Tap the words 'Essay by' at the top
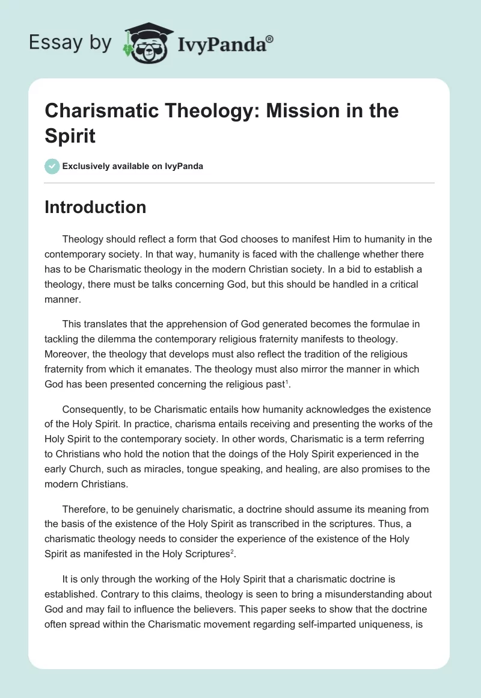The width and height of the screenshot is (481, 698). tap(70, 42)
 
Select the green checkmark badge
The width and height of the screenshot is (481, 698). tap(52, 166)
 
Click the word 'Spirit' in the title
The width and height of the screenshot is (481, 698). tap(70, 135)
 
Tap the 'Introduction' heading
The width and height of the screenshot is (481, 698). tap(95, 207)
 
